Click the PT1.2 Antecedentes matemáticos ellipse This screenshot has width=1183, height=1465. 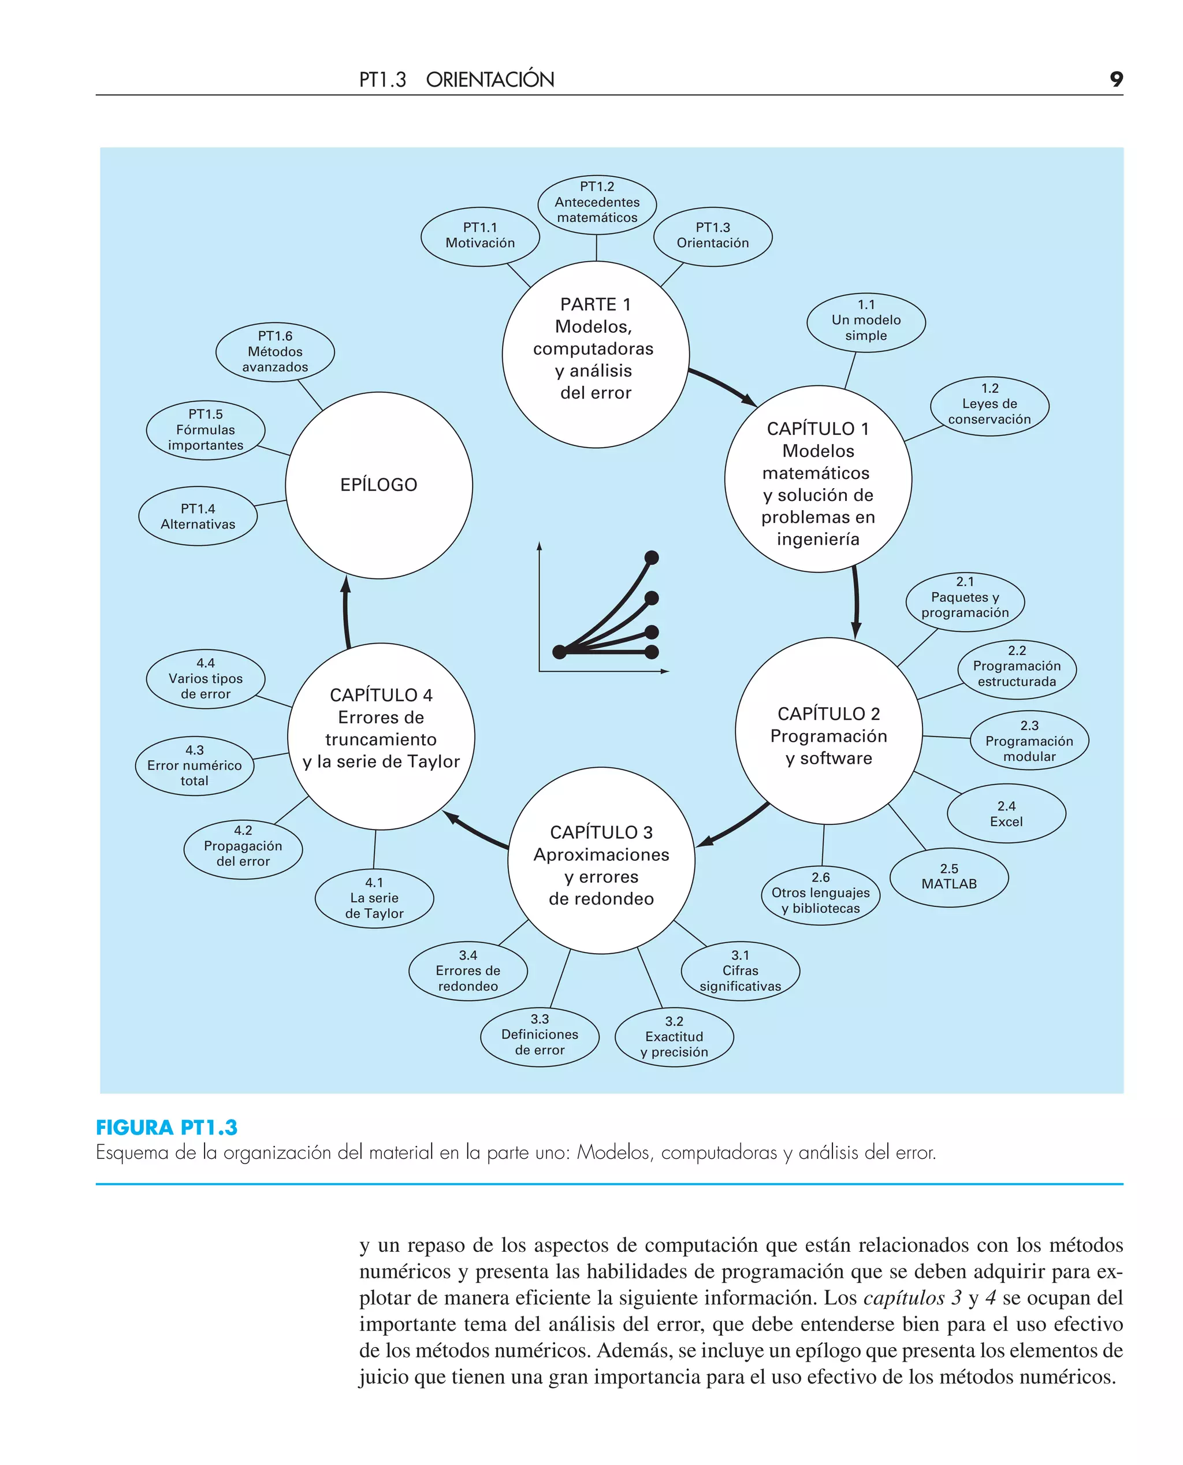[597, 203]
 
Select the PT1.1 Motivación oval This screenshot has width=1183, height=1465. [480, 236]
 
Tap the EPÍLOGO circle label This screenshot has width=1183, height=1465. [378, 485]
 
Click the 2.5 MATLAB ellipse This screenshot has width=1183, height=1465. [948, 877]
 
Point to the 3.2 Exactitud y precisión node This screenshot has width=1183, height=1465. [674, 1036]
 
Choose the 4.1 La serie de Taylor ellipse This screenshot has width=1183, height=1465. [374, 898]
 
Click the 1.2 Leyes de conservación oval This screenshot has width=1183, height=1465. [989, 404]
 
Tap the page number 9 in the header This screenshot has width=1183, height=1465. [1115, 79]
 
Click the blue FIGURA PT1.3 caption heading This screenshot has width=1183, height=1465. [167, 1128]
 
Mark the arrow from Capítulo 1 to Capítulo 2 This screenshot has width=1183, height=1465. [856, 601]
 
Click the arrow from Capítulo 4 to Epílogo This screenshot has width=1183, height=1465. [346, 612]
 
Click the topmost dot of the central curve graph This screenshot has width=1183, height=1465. [652, 557]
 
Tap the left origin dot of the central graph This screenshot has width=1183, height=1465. [560, 652]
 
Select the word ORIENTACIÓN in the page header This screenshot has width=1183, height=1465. [490, 80]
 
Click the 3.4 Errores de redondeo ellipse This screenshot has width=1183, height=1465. [467, 971]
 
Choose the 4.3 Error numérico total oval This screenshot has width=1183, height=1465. [194, 765]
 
